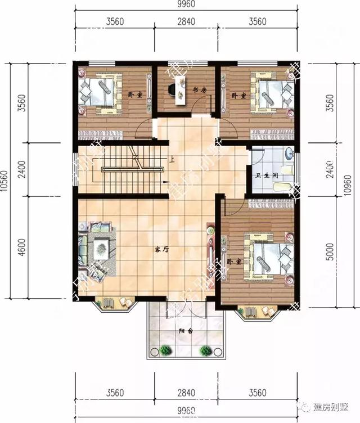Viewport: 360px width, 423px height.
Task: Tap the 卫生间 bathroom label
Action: [x=265, y=175]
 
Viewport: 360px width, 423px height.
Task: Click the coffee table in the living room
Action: [x=101, y=245]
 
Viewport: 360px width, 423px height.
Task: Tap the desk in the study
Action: [x=181, y=89]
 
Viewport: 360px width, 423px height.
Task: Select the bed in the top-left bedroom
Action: [x=101, y=90]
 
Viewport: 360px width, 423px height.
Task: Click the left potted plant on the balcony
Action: [x=165, y=350]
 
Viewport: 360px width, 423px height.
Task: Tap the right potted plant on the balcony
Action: [x=206, y=350]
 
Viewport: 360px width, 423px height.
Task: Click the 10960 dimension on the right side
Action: [x=354, y=183]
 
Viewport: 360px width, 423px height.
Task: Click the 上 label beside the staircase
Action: [x=171, y=159]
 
